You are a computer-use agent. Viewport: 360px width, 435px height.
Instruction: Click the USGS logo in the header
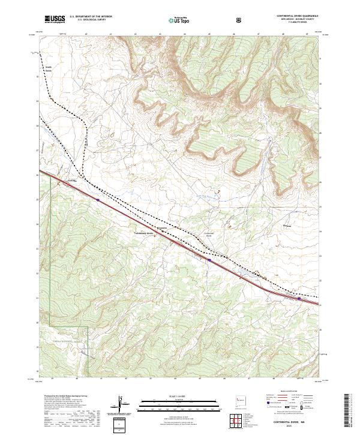(x=55, y=20)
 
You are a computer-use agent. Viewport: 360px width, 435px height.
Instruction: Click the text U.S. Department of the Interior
(x=91, y=16)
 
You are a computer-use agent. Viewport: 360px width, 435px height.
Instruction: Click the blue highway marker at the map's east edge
(x=299, y=298)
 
